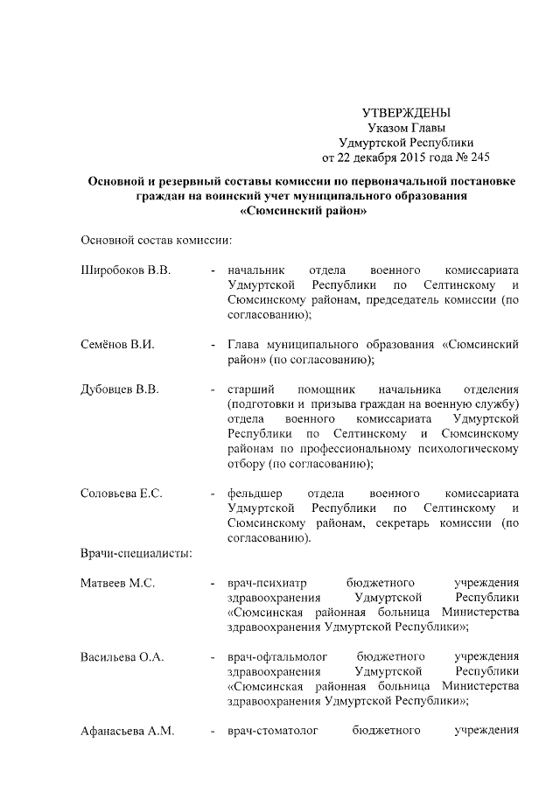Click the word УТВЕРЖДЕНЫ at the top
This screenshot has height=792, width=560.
click(x=406, y=113)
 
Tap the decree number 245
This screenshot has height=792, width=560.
click(x=478, y=158)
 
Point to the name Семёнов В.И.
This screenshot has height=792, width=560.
click(x=117, y=345)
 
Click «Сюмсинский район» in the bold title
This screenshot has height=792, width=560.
click(x=302, y=211)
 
